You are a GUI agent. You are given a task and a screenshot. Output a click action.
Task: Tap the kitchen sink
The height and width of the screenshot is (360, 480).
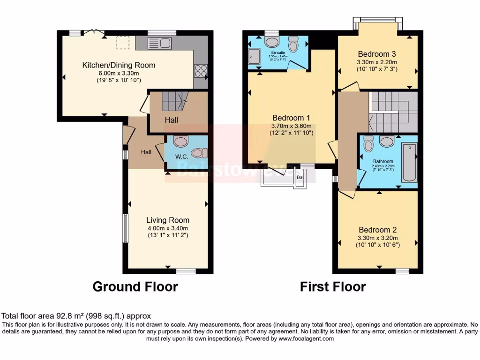[x=159, y=44]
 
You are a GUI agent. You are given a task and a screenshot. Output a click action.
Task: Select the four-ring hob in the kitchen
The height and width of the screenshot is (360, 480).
[x=200, y=71]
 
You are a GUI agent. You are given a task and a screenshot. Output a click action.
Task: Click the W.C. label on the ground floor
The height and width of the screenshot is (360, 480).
[x=181, y=156]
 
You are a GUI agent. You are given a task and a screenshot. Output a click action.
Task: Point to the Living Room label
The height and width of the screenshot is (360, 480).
[x=168, y=220]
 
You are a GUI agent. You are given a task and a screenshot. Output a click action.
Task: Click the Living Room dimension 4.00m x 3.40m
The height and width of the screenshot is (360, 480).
[x=168, y=228]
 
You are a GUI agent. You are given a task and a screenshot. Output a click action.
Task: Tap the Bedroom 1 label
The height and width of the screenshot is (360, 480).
[x=291, y=118]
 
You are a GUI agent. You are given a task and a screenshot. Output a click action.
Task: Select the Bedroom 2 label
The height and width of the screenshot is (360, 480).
[x=377, y=230]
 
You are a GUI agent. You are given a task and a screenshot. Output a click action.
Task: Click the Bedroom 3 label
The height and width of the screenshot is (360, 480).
[x=377, y=53]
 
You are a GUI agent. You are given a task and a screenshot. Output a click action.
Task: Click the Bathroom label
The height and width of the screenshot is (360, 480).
[x=383, y=161]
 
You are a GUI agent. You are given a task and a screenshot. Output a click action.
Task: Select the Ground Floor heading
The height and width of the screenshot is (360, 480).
[x=135, y=286]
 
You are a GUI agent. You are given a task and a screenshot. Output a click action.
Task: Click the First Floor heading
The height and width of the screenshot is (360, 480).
[x=333, y=286]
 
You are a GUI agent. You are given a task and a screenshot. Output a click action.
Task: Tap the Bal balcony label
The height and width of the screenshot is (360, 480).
[x=300, y=178]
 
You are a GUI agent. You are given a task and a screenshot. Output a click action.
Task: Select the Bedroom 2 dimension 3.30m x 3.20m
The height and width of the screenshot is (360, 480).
[x=377, y=238]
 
